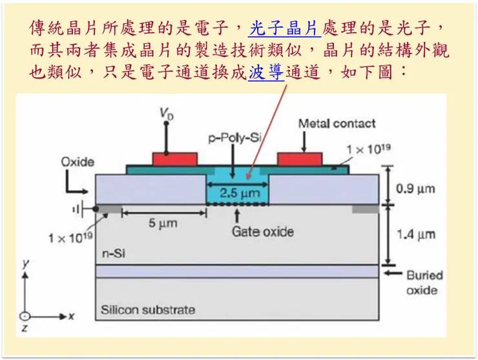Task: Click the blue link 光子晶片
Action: (285, 28)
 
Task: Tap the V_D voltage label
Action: (166, 114)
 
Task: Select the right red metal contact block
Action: (299, 158)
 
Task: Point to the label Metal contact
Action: (337, 123)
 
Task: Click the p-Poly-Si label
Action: (233, 137)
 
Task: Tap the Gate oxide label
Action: (262, 231)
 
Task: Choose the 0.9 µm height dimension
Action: (414, 189)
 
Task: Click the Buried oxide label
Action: (424, 282)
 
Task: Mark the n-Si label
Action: (114, 253)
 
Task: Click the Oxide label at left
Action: (78, 162)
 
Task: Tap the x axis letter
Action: (72, 316)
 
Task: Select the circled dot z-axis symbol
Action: (24, 317)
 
